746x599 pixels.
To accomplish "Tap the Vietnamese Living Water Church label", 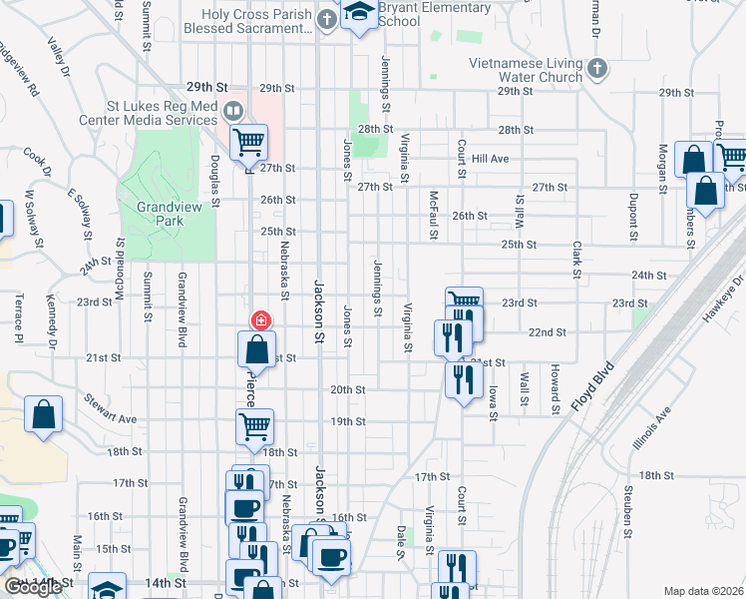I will coord(526,70).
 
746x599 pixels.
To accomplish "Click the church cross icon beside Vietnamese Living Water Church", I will coord(596,69).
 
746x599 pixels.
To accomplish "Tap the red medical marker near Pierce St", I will coord(261,320).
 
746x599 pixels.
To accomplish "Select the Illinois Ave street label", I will coord(650,428).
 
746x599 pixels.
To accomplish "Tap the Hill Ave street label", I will coord(491,159).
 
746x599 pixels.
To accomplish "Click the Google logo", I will coord(33,587).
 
